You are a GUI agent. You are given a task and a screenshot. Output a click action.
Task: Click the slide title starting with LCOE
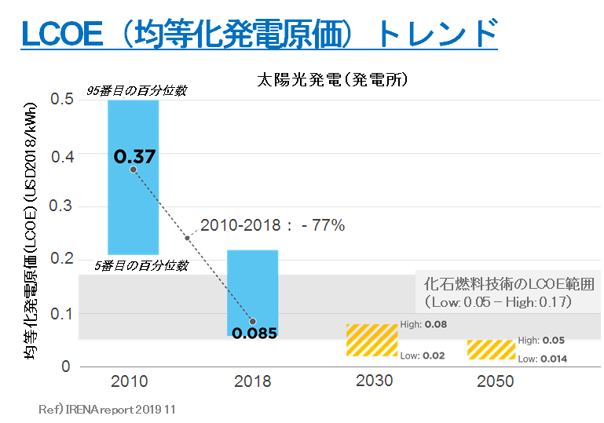click(259, 35)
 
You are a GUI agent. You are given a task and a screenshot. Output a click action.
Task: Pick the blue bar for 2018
click(253, 290)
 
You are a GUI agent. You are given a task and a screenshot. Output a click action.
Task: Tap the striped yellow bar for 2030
click(372, 341)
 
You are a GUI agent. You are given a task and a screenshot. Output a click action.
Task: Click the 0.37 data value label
click(135, 156)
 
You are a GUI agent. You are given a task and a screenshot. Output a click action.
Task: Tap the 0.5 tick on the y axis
click(61, 100)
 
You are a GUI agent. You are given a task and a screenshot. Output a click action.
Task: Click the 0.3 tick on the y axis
click(61, 207)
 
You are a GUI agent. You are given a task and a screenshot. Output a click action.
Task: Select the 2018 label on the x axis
click(252, 382)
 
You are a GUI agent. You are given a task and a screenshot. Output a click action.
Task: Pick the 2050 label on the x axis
click(495, 382)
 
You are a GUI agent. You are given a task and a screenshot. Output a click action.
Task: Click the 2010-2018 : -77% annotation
click(273, 225)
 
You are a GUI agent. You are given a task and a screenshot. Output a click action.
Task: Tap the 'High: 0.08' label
click(423, 325)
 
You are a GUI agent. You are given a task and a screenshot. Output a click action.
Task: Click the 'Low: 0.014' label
click(543, 359)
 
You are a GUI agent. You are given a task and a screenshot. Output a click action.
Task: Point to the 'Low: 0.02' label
click(423, 356)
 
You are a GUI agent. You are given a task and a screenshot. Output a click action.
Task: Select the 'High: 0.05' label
click(541, 341)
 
